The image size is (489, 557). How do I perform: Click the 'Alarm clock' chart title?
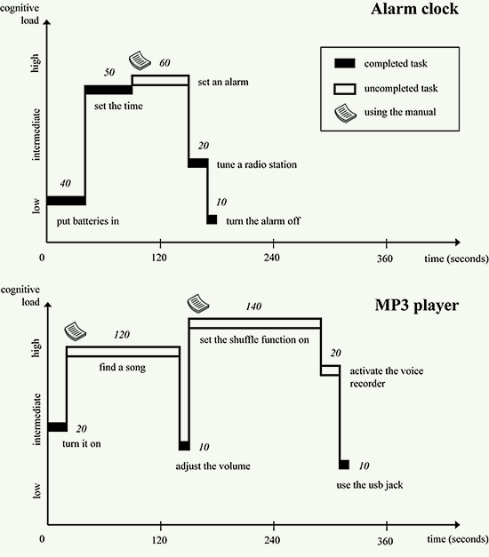[414, 9]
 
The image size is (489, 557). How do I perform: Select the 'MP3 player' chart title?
[417, 306]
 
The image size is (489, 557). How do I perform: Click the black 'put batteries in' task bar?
[66, 201]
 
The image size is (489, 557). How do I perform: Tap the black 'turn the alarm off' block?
[212, 219]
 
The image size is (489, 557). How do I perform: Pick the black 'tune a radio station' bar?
[198, 163]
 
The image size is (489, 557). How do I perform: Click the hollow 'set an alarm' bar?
[160, 80]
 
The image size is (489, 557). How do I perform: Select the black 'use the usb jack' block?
[344, 465]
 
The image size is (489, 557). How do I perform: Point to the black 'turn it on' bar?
[57, 427]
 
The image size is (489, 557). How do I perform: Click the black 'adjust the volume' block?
[184, 446]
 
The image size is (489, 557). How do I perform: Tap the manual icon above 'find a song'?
[75, 331]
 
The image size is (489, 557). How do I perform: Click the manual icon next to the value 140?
[198, 303]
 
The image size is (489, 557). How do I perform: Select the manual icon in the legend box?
[345, 114]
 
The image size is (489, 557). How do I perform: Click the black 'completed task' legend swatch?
[345, 63]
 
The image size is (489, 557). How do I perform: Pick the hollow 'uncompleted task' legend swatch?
[345, 89]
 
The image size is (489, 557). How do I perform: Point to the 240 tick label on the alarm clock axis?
[272, 258]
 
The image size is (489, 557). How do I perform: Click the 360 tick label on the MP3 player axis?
[385, 541]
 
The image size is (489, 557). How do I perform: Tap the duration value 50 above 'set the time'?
[109, 73]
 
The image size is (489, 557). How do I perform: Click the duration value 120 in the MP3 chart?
[122, 335]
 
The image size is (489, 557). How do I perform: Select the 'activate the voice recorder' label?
[387, 378]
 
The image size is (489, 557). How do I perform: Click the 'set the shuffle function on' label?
[254, 340]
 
